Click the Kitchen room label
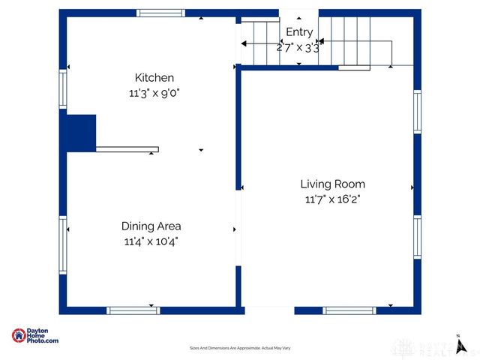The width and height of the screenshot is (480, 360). [154, 78]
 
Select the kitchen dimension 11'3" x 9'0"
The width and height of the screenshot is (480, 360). [154, 93]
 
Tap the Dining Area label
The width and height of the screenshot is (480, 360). [151, 226]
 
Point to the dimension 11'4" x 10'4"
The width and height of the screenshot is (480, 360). [151, 241]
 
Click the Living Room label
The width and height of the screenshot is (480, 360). [332, 184]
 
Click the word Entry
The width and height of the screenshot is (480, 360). [299, 32]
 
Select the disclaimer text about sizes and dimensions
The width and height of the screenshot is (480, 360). [240, 348]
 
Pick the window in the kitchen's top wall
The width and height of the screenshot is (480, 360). [160, 13]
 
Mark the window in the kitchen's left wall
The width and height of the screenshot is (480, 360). [63, 89]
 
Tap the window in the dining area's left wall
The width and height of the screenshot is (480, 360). [63, 235]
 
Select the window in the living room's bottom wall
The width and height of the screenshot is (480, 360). [349, 310]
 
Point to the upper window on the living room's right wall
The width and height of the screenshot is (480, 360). [418, 112]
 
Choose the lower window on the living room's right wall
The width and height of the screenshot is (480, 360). [418, 237]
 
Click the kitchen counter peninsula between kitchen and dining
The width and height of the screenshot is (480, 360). [127, 149]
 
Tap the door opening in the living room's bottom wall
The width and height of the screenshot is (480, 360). [269, 310]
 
